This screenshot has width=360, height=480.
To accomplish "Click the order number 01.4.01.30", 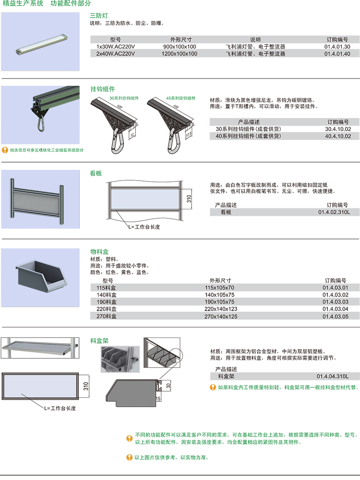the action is click(337, 46).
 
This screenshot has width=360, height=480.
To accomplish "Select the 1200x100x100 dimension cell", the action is click(179, 54).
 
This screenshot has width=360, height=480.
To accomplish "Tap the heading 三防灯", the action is click(99, 15).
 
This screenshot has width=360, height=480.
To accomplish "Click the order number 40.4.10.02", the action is click(338, 136).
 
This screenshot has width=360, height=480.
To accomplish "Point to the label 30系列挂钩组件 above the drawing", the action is click(124, 98).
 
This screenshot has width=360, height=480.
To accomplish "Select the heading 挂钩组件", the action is click(102, 89).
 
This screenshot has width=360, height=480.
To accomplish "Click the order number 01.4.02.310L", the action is click(334, 212).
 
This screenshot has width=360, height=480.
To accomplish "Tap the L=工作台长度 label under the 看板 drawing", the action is click(144, 227).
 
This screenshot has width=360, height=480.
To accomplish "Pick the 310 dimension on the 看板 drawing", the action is click(189, 199).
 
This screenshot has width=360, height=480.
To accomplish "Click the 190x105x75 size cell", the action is click(219, 302).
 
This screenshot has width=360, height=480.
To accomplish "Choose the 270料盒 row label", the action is click(106, 316).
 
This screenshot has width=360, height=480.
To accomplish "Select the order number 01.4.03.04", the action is click(335, 309).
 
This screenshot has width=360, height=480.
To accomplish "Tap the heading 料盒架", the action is click(99, 341).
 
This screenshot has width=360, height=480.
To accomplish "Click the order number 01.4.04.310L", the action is click(333, 376).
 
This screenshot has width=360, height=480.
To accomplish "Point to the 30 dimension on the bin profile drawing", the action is click(168, 385).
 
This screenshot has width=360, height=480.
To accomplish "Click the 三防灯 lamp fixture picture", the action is click(42, 45).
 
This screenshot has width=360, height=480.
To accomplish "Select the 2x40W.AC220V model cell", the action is click(116, 54).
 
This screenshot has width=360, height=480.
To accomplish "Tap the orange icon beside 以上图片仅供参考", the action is click(129, 457).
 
